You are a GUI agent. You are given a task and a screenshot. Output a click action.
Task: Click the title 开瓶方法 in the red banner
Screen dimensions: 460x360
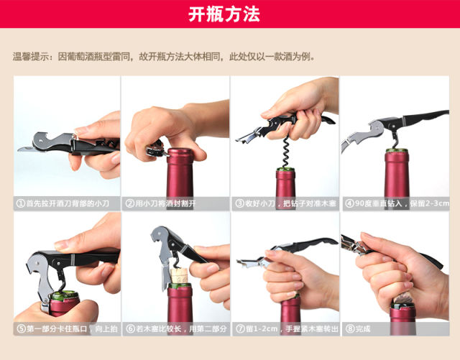(x=224, y=14)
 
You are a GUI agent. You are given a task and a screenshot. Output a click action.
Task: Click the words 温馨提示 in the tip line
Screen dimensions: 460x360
(x=30, y=56)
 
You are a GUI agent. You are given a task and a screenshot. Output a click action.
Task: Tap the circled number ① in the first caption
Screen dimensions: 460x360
(x=21, y=203)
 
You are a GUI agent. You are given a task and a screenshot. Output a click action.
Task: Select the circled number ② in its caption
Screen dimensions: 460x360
(x=130, y=203)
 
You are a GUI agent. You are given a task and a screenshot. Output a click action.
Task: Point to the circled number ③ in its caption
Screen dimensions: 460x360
(x=240, y=203)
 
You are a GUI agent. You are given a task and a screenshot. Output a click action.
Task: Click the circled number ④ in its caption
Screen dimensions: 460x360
(x=349, y=203)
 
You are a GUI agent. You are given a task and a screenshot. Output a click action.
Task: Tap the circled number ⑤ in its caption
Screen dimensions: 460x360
(x=21, y=328)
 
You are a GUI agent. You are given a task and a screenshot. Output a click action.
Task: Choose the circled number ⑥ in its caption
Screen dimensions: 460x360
(x=131, y=328)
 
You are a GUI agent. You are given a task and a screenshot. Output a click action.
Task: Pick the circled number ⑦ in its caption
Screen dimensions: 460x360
(x=241, y=328)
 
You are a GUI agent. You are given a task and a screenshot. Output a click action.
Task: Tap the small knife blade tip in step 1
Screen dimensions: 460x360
(x=19, y=149)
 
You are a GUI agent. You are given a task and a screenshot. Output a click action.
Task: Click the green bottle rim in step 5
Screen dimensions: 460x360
(x=64, y=295)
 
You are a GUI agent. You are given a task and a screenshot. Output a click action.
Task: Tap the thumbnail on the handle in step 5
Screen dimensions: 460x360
(x=61, y=245)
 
